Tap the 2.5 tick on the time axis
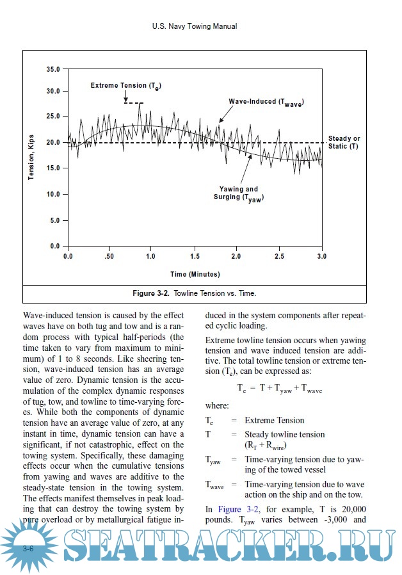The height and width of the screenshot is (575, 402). (279, 256)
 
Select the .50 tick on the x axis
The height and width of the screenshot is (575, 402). (110, 256)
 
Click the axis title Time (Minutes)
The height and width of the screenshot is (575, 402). (195, 274)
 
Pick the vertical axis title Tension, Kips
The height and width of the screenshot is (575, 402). (31, 157)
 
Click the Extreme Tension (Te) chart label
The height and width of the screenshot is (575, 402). (125, 86)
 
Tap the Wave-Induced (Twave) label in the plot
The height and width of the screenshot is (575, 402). (266, 102)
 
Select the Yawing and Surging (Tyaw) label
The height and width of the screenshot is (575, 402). (239, 193)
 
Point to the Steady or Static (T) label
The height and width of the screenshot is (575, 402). (344, 143)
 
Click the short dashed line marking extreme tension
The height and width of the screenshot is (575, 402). (134, 102)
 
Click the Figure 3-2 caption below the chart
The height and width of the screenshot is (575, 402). (194, 293)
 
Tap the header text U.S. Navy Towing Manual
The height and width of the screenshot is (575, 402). (195, 27)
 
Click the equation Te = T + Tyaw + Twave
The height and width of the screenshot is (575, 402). (279, 389)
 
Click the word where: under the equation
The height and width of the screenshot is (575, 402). (216, 405)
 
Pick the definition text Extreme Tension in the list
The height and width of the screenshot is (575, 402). (275, 420)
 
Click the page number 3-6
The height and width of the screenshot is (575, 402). (28, 549)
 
